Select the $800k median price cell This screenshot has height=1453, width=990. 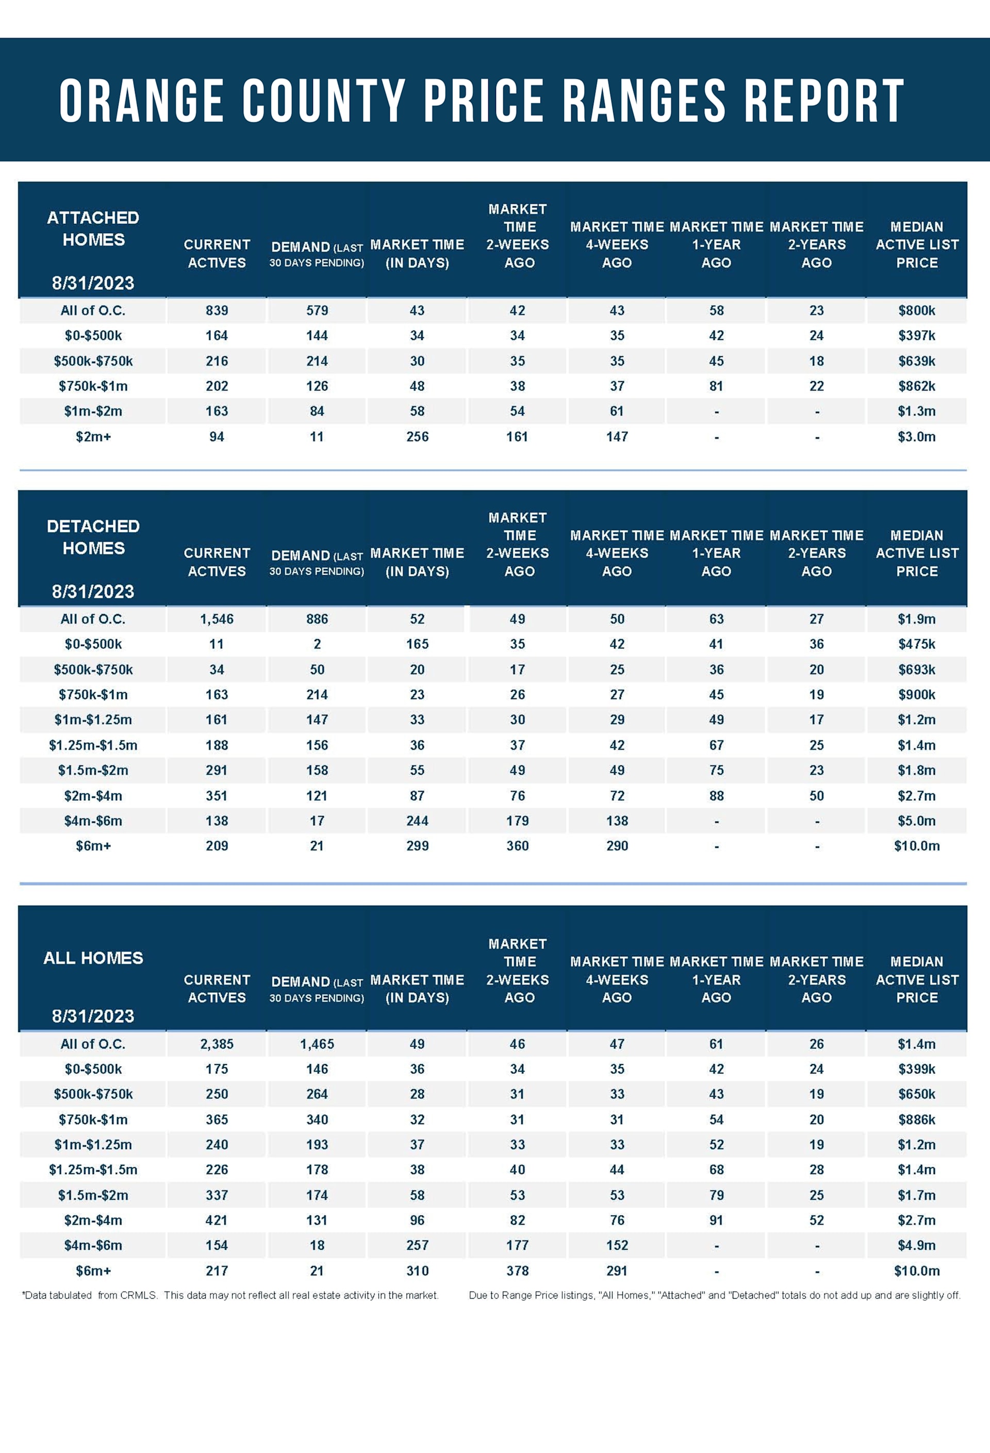pyautogui.click(x=916, y=311)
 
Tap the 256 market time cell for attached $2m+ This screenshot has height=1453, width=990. pyautogui.click(x=417, y=437)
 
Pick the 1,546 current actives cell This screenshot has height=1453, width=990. pyautogui.click(x=216, y=619)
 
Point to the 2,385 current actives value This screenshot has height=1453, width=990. pyautogui.click(x=216, y=1044)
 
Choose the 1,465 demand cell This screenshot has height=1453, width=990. pyautogui.click(x=317, y=1044)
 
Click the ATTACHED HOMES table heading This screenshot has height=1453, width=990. pyautogui.click(x=93, y=229)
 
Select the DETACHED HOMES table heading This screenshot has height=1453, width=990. pyautogui.click(x=93, y=537)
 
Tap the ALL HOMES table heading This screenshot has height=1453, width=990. pyautogui.click(x=93, y=958)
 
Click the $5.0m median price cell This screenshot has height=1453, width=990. pyautogui.click(x=916, y=821)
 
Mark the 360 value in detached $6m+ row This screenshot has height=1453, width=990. pyautogui.click(x=517, y=846)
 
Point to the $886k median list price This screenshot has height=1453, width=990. pyautogui.click(x=916, y=1120)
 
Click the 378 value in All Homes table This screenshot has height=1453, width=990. pyautogui.click(x=517, y=1270)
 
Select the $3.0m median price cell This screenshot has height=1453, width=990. pyautogui.click(x=916, y=437)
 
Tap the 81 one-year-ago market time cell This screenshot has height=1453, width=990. pyautogui.click(x=716, y=386)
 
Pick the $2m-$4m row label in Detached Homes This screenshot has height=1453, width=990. pyautogui.click(x=93, y=796)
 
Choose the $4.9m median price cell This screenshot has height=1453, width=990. pyautogui.click(x=916, y=1246)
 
